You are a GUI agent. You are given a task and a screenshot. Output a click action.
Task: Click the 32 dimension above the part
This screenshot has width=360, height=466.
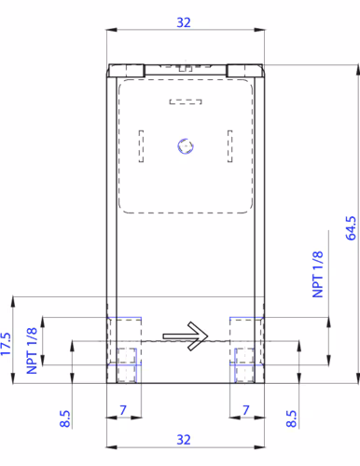point(184,22)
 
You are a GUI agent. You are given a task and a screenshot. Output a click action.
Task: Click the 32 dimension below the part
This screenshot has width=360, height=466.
point(184,440)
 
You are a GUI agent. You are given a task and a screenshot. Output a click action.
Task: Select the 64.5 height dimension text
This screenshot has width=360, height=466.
point(351,228)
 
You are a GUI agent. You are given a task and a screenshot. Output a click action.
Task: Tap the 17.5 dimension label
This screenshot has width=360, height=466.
point(6,344)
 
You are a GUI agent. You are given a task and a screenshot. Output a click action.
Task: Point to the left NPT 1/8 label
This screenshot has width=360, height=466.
point(32,350)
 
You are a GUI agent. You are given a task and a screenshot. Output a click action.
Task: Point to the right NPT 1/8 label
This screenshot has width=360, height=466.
point(318,274)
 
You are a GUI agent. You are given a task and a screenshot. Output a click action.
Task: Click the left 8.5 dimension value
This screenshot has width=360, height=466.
point(65,418)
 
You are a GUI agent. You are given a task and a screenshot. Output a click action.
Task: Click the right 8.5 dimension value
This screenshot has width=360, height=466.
point(291,418)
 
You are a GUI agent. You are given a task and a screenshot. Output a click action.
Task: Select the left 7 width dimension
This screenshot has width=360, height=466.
point(123,410)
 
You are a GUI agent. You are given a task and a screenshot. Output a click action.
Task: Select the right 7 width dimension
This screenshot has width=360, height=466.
point(246,410)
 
